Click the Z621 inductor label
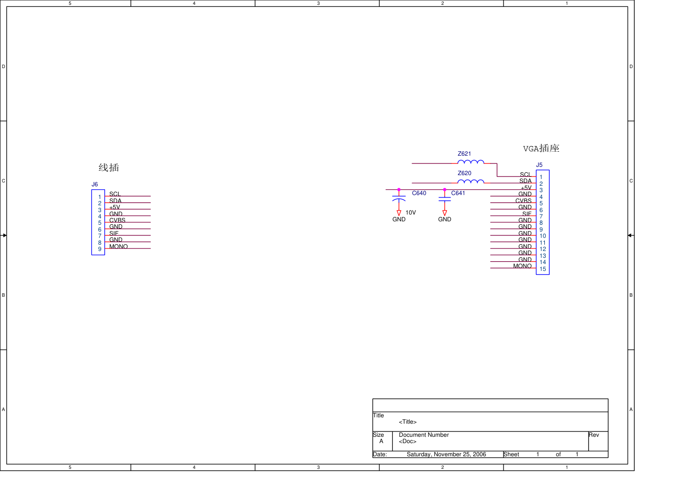(x=464, y=154)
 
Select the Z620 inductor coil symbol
(x=471, y=182)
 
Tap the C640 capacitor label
(x=419, y=193)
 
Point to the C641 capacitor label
(x=458, y=193)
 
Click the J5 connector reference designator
(x=539, y=165)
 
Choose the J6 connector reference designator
(x=95, y=185)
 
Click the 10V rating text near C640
(x=411, y=213)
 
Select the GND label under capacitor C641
(x=445, y=219)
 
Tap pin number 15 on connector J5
(x=543, y=269)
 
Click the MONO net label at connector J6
(x=118, y=247)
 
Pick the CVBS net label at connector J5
(x=523, y=201)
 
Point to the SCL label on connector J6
(x=115, y=194)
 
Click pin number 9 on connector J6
(x=100, y=249)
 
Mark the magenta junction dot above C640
(x=399, y=190)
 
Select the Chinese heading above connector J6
(x=108, y=168)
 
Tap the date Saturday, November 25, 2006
(x=446, y=454)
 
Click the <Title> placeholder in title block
(x=408, y=422)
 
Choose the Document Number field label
(x=424, y=435)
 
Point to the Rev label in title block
(x=594, y=435)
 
